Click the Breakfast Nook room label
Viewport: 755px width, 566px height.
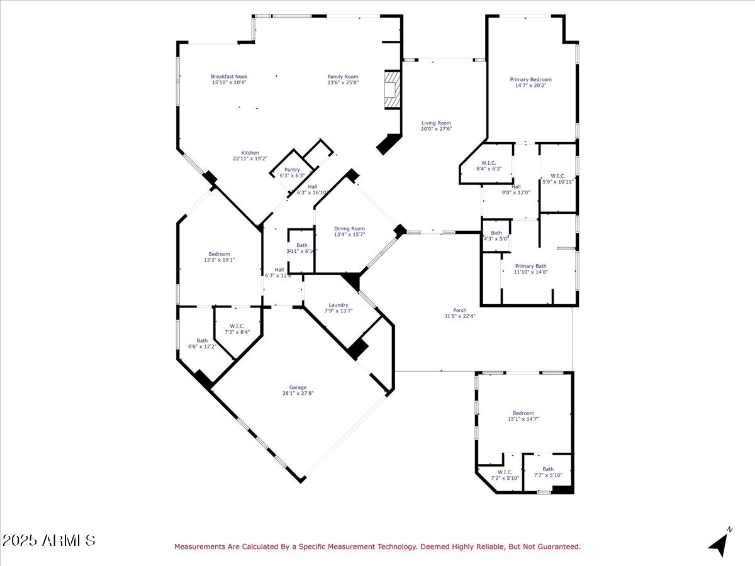228,77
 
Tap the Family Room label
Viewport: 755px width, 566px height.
342,77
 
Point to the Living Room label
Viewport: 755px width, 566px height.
436,123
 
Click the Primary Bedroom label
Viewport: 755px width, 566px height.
530,80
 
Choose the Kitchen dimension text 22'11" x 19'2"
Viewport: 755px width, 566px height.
250,159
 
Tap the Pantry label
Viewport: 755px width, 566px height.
292,170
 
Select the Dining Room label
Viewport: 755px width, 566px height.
349,229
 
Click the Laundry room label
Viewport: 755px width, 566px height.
338,305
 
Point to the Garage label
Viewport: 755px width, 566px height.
298,387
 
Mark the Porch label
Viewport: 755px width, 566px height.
460,310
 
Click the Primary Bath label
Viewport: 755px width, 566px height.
530,266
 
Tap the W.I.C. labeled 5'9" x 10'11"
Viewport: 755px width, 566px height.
558,176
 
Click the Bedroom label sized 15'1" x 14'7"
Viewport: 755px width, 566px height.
523,413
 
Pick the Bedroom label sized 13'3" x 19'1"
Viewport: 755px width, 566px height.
219,254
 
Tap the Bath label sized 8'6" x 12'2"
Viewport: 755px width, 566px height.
202,341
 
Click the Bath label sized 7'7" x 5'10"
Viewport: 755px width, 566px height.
548,469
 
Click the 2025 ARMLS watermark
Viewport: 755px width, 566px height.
49,540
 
